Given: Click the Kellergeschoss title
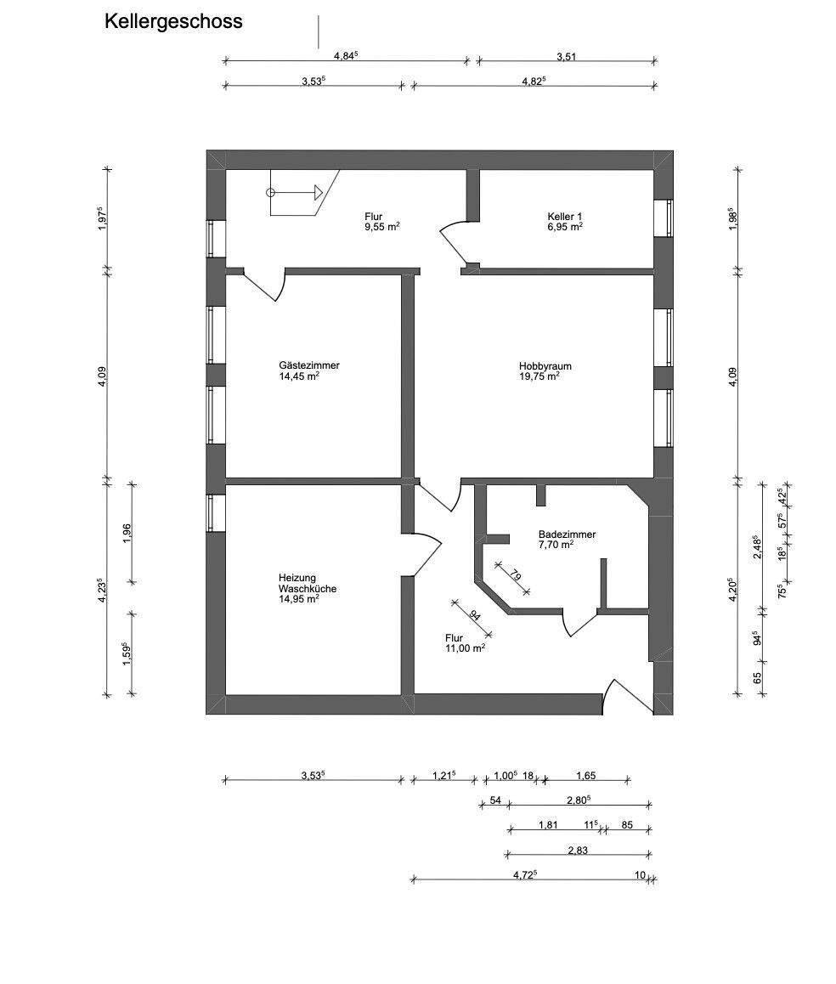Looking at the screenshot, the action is [x=173, y=22].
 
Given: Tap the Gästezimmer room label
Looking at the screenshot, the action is [x=308, y=365].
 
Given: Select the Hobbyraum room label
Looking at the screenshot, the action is [x=545, y=366].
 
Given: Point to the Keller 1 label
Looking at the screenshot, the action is [x=565, y=216].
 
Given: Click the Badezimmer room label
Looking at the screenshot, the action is [x=567, y=534].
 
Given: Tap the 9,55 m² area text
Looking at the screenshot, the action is [x=382, y=228].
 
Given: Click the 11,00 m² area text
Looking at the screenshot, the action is [x=465, y=648].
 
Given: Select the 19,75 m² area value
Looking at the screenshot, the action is [x=540, y=376].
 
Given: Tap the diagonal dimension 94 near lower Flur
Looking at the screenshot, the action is [x=474, y=617].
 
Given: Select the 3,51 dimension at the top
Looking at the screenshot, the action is [x=567, y=57].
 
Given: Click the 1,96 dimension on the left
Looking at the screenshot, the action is [x=127, y=533].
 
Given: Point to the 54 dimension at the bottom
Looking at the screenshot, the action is [x=494, y=800].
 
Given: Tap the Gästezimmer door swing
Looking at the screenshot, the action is [x=268, y=286].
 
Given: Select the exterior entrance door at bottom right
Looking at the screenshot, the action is [x=624, y=694].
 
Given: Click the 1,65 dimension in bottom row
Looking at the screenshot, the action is [x=586, y=775].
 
